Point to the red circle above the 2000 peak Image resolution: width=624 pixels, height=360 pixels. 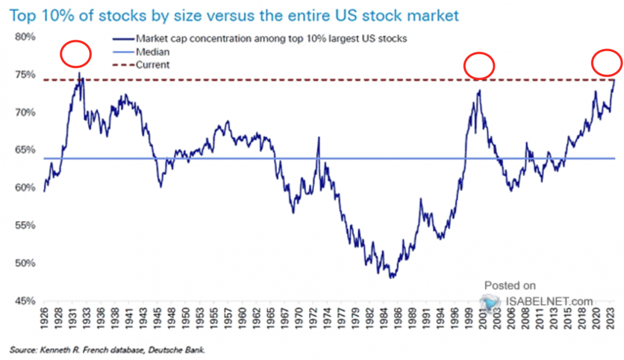pyautogui.click(x=479, y=65)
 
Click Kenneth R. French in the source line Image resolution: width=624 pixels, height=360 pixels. pyautogui.click(x=66, y=350)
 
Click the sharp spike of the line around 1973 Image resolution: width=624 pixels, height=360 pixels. pyautogui.click(x=318, y=138)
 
